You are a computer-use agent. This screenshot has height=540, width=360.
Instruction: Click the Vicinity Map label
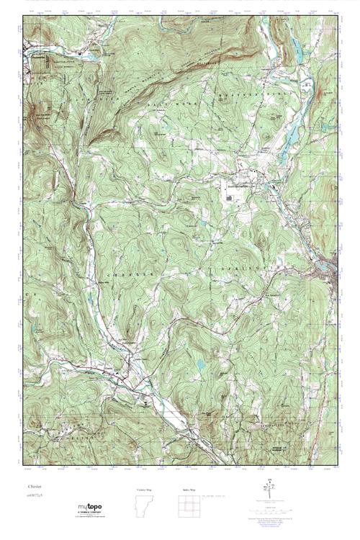click(x=144, y=489)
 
